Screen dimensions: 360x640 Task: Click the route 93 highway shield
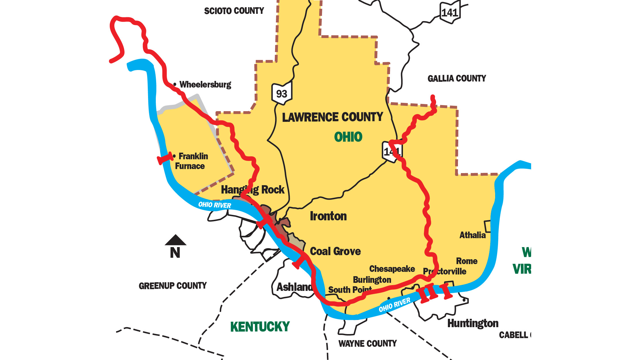click(x=281, y=93)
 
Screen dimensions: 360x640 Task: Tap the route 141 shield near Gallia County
click(x=450, y=12)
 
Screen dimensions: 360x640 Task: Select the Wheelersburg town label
click(x=205, y=84)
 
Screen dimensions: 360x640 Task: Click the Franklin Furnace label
click(x=192, y=161)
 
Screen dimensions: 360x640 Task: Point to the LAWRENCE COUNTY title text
click(x=332, y=117)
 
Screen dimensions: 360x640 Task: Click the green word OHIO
click(x=348, y=137)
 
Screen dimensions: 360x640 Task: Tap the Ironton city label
click(x=328, y=216)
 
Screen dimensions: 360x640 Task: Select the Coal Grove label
click(x=335, y=251)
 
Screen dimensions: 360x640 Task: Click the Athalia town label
click(x=472, y=235)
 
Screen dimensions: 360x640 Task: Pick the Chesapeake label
click(x=392, y=269)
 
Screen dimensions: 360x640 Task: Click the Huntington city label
click(x=473, y=323)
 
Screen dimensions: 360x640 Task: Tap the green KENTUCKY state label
click(x=260, y=327)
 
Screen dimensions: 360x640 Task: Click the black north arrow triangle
click(x=175, y=240)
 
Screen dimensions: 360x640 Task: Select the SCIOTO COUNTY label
click(x=234, y=11)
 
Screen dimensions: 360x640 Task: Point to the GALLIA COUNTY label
click(x=457, y=78)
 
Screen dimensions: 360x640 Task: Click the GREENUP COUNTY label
click(x=173, y=286)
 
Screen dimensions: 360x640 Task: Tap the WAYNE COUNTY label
click(x=368, y=343)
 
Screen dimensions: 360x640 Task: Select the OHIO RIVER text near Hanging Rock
click(x=215, y=205)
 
